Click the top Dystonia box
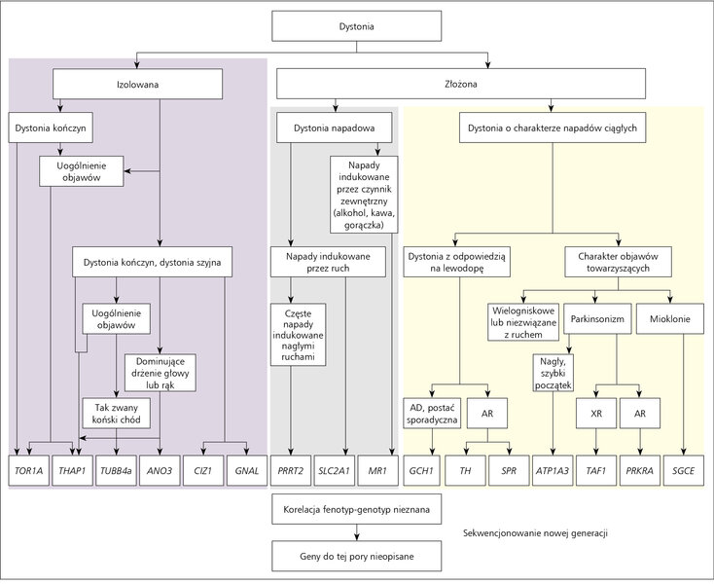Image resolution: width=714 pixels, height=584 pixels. pos(357,26)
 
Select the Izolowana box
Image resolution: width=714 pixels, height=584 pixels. pos(137,85)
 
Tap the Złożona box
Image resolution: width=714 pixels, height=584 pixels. pos(461,84)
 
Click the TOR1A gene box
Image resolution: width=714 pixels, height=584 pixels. pos(28,470)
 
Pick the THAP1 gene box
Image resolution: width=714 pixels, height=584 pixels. pos(72,470)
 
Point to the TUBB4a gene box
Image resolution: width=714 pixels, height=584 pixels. pos(116,470)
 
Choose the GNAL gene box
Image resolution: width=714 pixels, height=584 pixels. pos(247,470)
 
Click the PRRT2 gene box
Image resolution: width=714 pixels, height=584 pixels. pos(291,470)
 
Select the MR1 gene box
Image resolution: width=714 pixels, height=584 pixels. pos(378,470)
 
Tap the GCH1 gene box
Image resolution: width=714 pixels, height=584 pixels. pos(421,470)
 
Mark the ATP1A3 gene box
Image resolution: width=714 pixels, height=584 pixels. pos(553,470)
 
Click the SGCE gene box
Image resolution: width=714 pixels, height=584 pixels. pos(684,470)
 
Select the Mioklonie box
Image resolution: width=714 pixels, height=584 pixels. pos(670,319)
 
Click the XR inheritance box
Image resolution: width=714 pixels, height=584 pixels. pos(596,413)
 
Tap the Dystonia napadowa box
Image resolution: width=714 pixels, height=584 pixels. pos(335,128)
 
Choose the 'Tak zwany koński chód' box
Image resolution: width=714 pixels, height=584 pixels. pos(116,413)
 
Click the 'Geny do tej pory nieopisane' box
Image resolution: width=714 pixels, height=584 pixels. pos(357,556)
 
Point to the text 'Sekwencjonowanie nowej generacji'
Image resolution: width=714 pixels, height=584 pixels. pos(535,533)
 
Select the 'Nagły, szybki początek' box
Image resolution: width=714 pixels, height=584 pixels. pos(553,373)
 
